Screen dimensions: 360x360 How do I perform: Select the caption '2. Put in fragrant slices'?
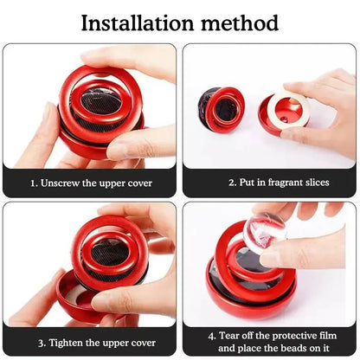point(270,183)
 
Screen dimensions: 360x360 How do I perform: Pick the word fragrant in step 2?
point(274,183)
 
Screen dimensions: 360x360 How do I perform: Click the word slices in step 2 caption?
point(311,183)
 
